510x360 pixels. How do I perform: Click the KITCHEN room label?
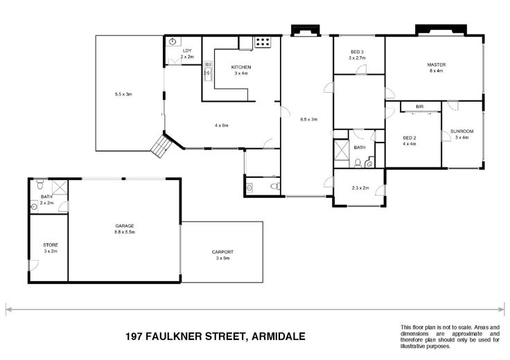point(241,67)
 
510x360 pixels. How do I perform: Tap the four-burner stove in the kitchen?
point(263,42)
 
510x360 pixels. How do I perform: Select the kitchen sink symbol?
point(208,71)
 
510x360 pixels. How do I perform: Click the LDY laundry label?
point(187,51)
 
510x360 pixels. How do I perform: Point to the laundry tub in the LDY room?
point(173,42)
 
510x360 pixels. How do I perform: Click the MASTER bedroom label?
point(436,64)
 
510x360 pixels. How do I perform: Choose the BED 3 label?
point(357,52)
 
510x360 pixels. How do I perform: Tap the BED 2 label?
point(410,138)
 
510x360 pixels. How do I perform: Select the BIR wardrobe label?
point(420,107)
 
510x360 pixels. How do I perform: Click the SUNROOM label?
point(462,132)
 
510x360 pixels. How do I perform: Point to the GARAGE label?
point(125,226)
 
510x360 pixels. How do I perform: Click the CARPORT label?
point(222,252)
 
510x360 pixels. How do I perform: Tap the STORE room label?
point(51,245)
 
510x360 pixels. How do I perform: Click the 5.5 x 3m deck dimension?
point(123,95)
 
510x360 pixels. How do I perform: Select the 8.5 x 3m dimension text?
point(308,120)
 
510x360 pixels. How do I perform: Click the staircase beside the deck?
point(161,146)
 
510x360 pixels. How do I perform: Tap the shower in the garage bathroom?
point(60,188)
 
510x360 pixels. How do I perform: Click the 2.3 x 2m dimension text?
point(360,188)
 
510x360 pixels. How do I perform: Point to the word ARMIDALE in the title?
point(279,336)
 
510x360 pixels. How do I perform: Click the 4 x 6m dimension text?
point(221,125)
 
